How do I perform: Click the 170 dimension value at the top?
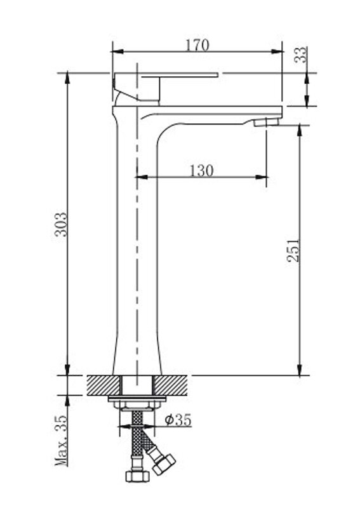197,45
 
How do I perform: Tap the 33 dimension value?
301,55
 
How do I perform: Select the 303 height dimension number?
60,224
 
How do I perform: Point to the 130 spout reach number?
201,170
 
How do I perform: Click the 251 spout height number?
293,250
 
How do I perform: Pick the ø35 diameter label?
178,420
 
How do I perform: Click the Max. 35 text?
61,441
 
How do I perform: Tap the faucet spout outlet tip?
267,122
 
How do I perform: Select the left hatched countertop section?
103,385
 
